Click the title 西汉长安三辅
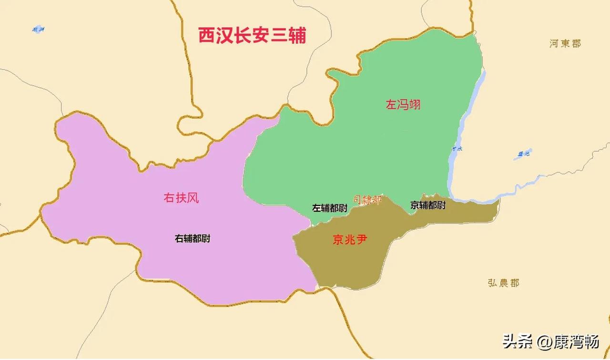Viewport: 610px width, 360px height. [x=252, y=36]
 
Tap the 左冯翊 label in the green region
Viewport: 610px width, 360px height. [x=403, y=104]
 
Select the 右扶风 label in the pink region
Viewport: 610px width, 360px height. [x=181, y=197]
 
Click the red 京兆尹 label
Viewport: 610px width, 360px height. [x=350, y=239]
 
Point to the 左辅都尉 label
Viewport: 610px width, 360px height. [x=330, y=208]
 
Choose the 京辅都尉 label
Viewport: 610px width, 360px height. [x=428, y=205]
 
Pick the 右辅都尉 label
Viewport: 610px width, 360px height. [x=193, y=239]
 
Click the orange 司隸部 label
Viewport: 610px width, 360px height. [x=367, y=200]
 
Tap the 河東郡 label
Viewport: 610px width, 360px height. [x=565, y=44]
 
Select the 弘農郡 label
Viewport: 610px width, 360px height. [x=503, y=283]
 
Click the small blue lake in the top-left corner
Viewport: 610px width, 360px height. [x=38, y=29]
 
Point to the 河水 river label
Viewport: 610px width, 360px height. [x=457, y=149]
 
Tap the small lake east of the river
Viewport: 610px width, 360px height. [x=523, y=154]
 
